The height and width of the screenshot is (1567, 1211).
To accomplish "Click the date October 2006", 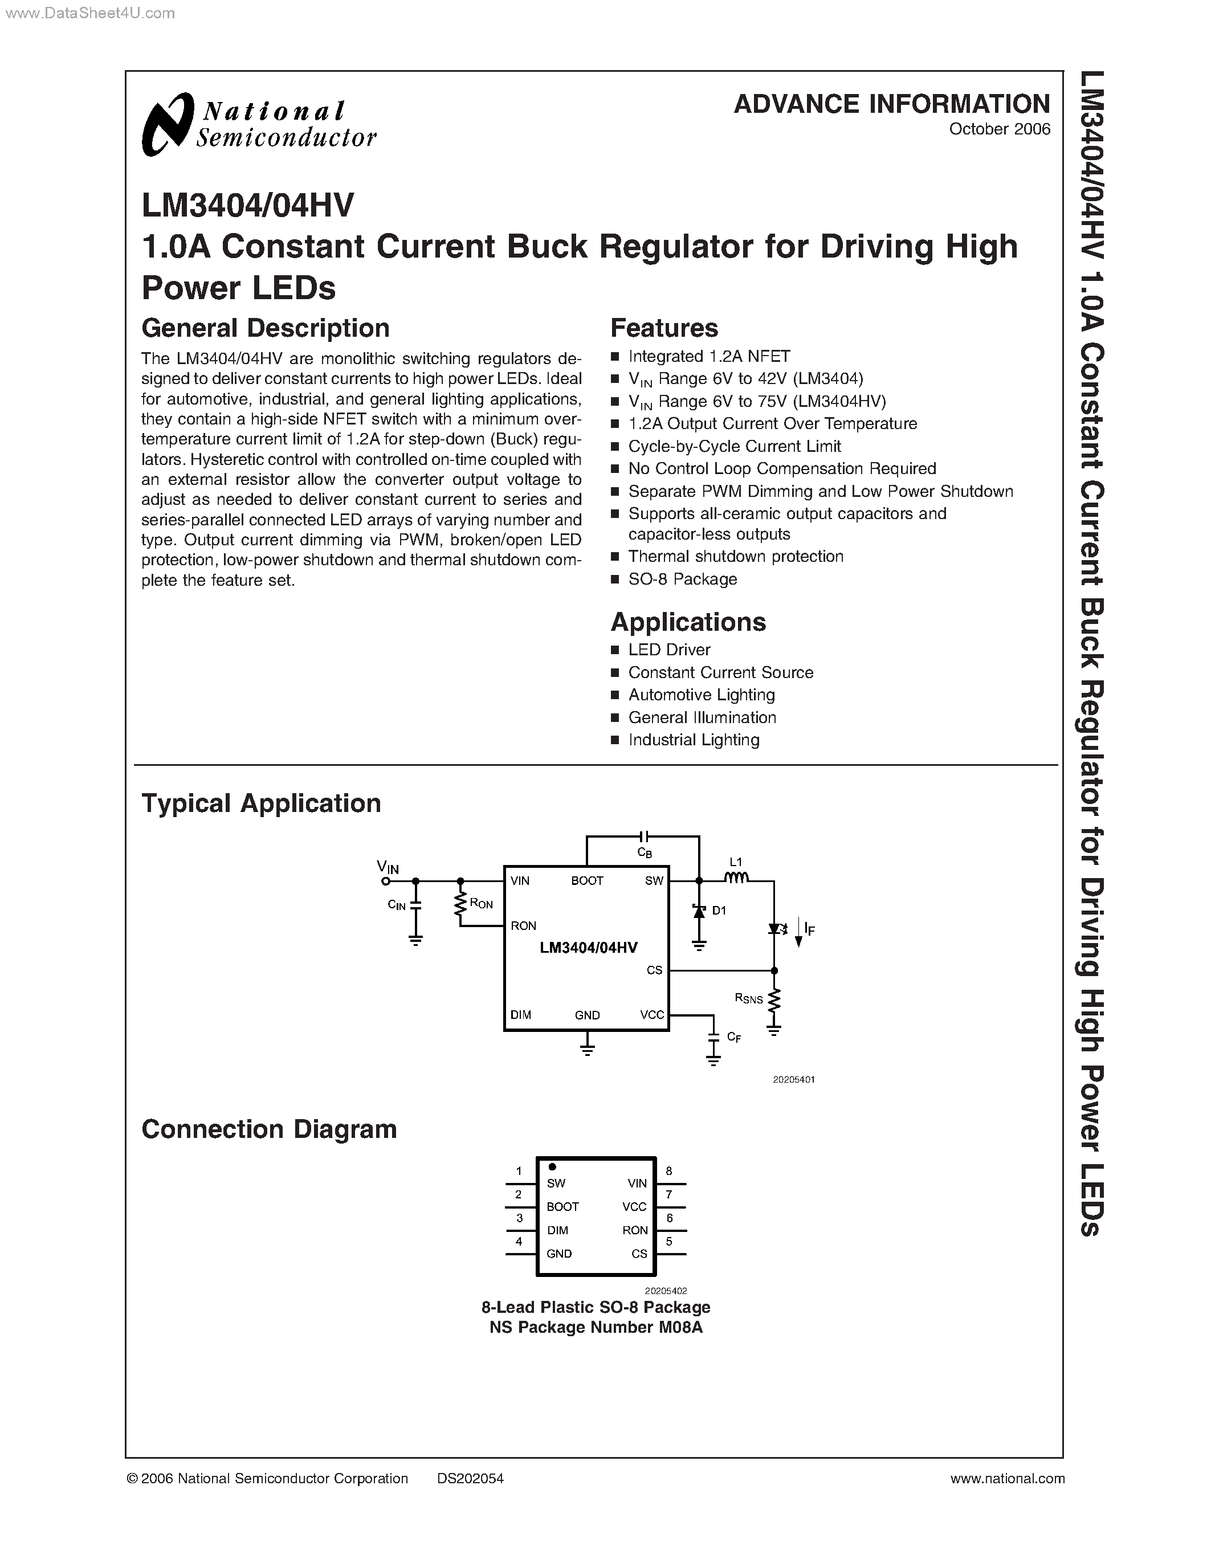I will (1000, 129).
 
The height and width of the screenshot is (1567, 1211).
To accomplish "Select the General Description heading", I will (266, 328).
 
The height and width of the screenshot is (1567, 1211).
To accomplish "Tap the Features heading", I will (663, 328).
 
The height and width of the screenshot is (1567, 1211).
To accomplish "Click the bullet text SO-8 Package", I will (682, 579).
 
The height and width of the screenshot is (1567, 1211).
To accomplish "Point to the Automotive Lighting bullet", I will (701, 695).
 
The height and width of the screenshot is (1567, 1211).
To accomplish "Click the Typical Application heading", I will (261, 803).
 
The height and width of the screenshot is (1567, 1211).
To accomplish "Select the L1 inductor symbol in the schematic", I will (736, 878).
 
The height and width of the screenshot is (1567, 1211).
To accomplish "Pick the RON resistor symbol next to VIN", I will (460, 905).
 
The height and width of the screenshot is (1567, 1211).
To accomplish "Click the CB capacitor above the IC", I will (643, 836).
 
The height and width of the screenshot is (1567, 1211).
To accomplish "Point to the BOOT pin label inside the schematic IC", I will (587, 881).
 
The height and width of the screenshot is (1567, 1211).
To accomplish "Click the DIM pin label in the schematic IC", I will (521, 1014).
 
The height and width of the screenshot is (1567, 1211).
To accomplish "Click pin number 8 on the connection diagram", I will (668, 1171).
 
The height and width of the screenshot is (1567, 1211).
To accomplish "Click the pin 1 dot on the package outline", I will (552, 1166).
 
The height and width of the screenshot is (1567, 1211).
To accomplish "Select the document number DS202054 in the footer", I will (470, 1478).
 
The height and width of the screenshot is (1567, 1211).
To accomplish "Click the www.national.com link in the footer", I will (1007, 1478).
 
